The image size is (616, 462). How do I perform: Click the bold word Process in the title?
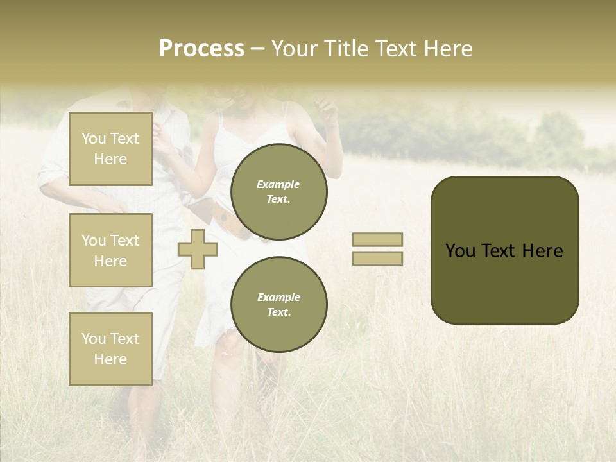click(x=201, y=49)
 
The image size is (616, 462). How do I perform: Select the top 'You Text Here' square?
click(x=110, y=149)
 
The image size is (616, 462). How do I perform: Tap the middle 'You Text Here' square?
click(x=110, y=250)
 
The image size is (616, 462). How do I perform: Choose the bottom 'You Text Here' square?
click(x=110, y=349)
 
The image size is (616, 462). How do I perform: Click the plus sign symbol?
click(x=198, y=249)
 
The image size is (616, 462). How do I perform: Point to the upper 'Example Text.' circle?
click(x=279, y=191)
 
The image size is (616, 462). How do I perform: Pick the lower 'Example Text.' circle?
click(x=279, y=304)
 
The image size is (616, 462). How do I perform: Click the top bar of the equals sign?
click(x=377, y=240)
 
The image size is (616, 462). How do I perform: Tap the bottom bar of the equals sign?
click(x=377, y=258)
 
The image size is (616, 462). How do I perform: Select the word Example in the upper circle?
click(x=278, y=184)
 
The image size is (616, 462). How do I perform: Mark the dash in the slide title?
click(x=258, y=49)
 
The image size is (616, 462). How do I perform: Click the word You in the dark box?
click(x=460, y=251)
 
